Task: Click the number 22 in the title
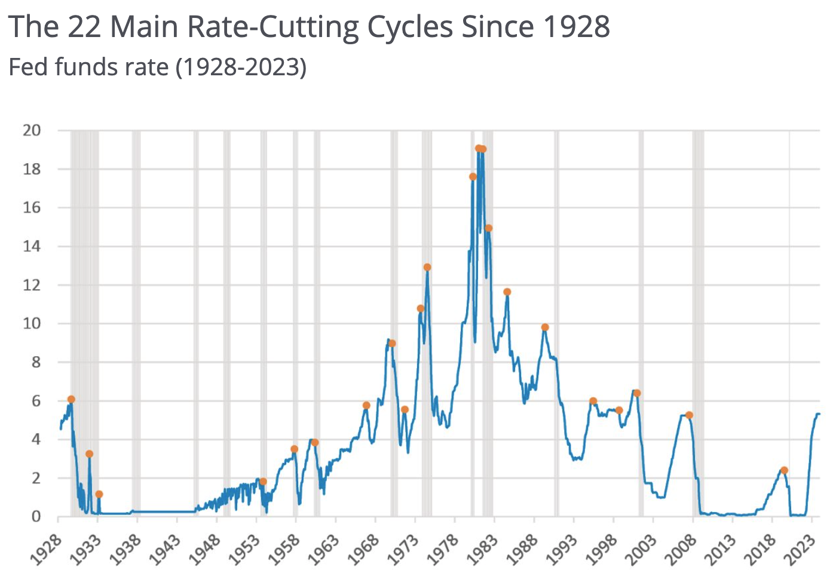(84, 27)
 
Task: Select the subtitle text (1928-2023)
(241, 67)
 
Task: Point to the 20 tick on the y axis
(32, 130)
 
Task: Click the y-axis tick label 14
(32, 246)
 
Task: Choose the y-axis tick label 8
(36, 362)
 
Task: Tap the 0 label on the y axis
(36, 516)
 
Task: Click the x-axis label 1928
(45, 549)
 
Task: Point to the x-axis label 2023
(799, 549)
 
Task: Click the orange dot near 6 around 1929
(71, 399)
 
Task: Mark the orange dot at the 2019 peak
(784, 470)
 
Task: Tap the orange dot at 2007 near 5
(689, 415)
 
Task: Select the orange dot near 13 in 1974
(427, 267)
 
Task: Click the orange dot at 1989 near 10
(545, 327)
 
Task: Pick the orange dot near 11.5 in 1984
(507, 292)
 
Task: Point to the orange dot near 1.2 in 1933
(99, 494)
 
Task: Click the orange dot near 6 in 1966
(366, 405)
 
